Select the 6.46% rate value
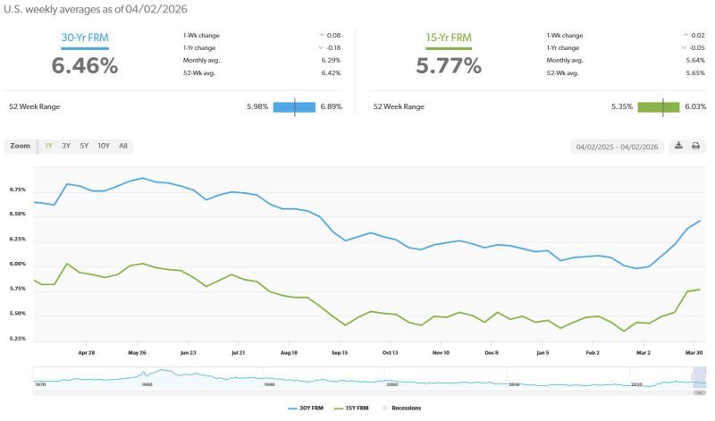pos(84,65)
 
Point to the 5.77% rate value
pos(449,65)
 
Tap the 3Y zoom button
pos(66,146)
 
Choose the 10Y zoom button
pos(104,146)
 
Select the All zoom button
pos(122,146)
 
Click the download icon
pos(678,146)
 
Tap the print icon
pos(695,146)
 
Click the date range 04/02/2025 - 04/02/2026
pos(617,146)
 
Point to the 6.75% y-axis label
pos(18,189)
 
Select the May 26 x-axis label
pos(137,353)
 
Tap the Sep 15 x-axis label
pos(339,353)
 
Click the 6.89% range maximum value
pos(332,106)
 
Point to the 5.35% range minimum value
pos(622,106)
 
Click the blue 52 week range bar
pos(294,106)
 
